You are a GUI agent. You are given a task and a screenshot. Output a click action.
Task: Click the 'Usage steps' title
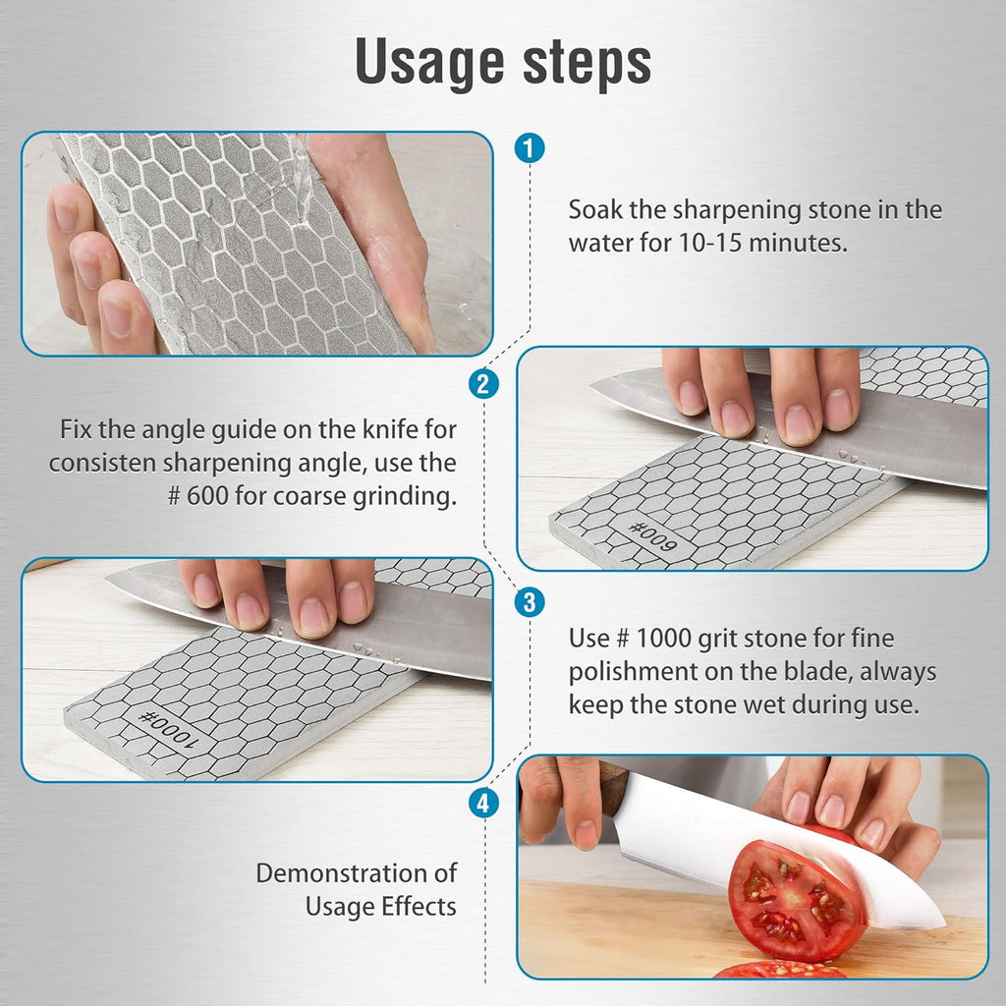(503, 63)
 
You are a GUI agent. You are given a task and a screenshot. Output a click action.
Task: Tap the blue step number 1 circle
(529, 149)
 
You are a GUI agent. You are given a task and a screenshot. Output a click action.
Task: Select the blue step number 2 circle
(481, 384)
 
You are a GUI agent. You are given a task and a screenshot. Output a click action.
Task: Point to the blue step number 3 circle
(529, 601)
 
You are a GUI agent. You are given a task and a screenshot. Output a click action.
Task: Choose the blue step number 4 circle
(481, 804)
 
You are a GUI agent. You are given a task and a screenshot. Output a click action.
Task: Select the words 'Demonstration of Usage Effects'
(357, 889)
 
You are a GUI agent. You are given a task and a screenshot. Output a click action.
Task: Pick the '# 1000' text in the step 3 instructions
(619, 639)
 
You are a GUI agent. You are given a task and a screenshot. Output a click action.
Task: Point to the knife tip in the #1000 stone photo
(112, 579)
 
